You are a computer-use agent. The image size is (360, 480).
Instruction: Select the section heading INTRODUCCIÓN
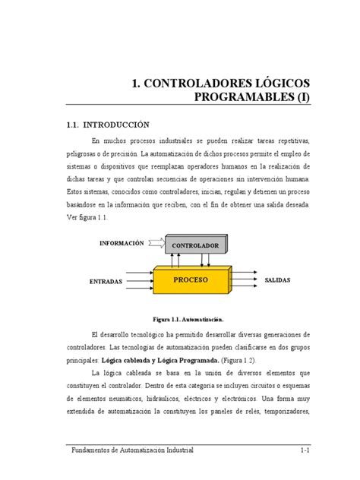click(113, 125)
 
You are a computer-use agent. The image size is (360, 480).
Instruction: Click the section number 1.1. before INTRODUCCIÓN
click(69, 125)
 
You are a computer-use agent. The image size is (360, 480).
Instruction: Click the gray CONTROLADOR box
click(195, 247)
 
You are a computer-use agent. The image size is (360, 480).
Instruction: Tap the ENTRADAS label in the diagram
click(106, 282)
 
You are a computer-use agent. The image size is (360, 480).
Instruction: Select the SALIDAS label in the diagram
click(277, 280)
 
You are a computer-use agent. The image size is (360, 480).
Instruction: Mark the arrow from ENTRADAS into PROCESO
click(141, 279)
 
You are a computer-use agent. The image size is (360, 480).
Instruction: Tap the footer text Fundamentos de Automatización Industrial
click(128, 451)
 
